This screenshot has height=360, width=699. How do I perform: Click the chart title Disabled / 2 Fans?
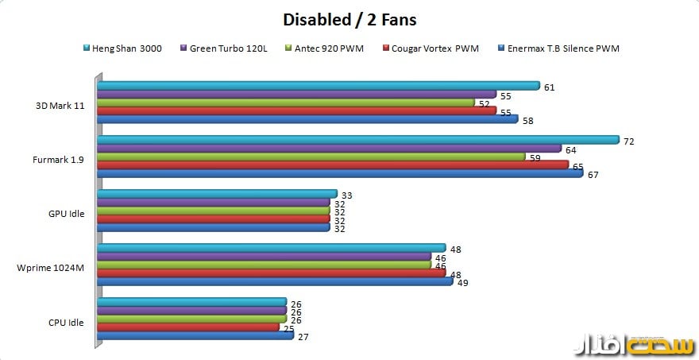pyautogui.click(x=349, y=18)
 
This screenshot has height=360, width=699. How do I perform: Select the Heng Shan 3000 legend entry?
pyautogui.click(x=127, y=48)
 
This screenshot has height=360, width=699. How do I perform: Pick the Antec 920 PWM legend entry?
pyautogui.click(x=329, y=48)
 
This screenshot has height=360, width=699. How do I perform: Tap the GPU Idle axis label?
pyautogui.click(x=68, y=212)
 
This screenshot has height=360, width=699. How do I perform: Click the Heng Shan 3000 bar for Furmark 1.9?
pyautogui.click(x=357, y=140)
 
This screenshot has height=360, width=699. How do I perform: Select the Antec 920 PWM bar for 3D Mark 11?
pyautogui.click(x=286, y=103)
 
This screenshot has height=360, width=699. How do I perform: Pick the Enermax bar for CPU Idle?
pyautogui.click(x=195, y=336)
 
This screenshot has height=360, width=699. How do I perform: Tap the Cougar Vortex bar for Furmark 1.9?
pyautogui.click(x=333, y=165)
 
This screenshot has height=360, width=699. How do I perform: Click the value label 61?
pyautogui.click(x=549, y=87)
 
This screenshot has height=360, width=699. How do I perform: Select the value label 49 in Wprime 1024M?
pyautogui.click(x=463, y=282)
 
